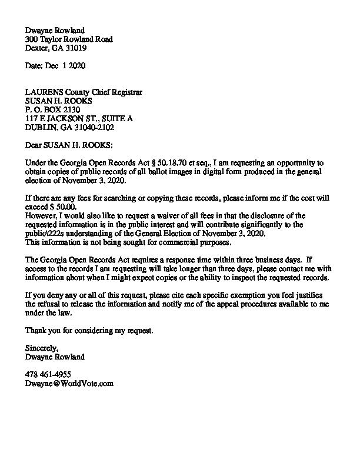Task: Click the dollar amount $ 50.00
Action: click(65, 207)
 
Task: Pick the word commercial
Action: click(168, 242)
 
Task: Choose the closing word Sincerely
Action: click(42, 348)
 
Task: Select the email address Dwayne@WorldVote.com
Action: click(69, 383)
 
